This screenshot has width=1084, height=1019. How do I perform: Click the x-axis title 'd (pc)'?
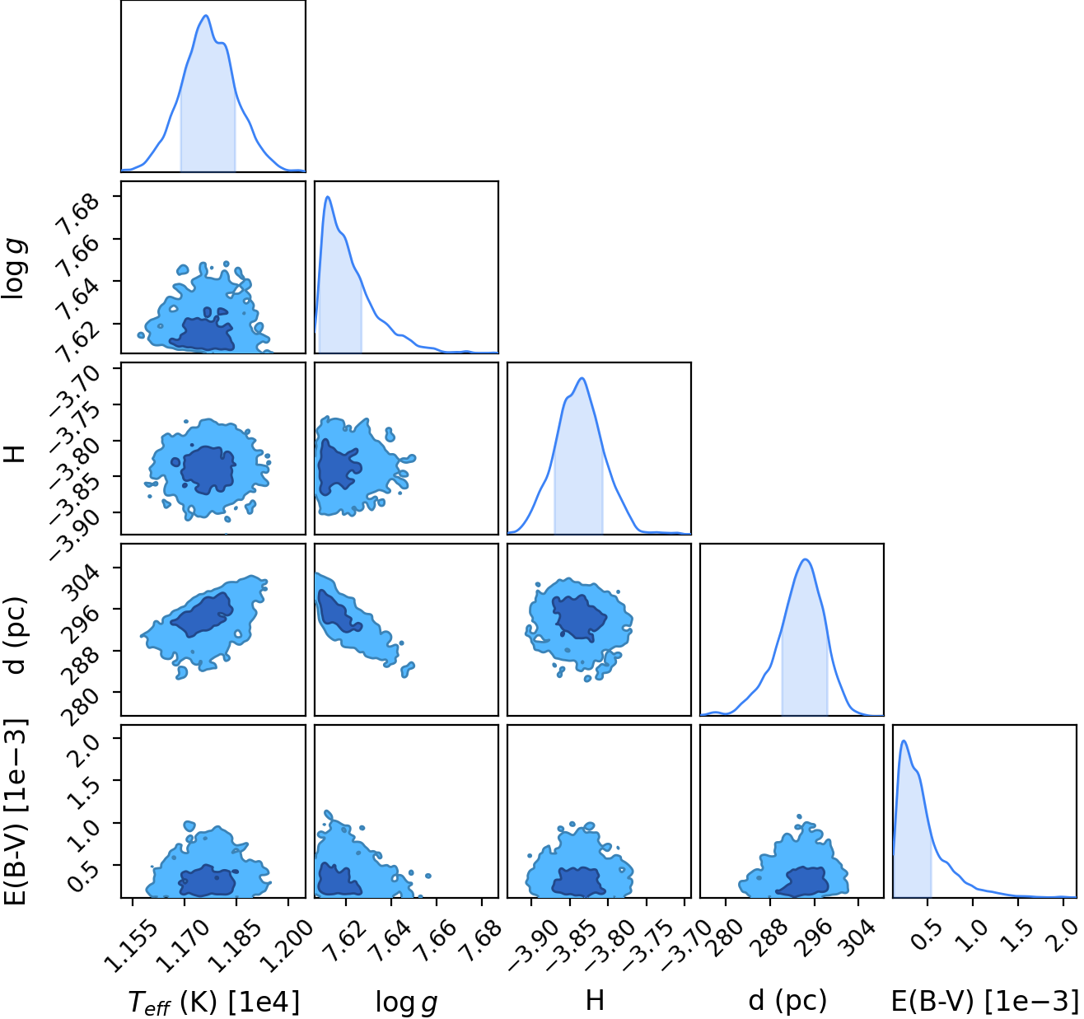(x=787, y=1000)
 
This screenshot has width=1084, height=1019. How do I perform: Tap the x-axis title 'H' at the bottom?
(x=595, y=1000)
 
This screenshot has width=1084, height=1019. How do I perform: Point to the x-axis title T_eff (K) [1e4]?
(x=214, y=1002)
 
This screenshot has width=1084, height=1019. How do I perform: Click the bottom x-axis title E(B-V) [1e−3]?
(x=984, y=1001)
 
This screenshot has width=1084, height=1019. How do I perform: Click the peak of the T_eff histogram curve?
(x=206, y=16)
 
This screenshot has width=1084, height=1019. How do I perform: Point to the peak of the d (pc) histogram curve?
(x=805, y=559)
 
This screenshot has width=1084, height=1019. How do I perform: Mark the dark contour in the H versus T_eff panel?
(x=208, y=470)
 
